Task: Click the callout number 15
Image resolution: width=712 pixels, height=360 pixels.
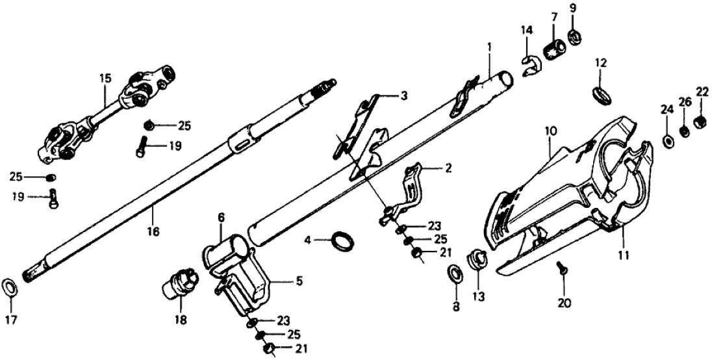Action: (105, 78)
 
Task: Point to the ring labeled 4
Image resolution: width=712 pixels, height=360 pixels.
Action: (344, 240)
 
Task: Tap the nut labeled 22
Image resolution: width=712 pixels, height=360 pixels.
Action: (700, 121)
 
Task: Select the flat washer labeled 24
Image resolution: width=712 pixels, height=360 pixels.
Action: (668, 139)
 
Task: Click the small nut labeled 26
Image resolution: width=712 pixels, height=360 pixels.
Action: (685, 131)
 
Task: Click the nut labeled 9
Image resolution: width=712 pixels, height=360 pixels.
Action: (574, 36)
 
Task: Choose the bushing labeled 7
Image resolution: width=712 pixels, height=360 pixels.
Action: (554, 49)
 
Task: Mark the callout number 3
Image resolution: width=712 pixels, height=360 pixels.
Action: (403, 96)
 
